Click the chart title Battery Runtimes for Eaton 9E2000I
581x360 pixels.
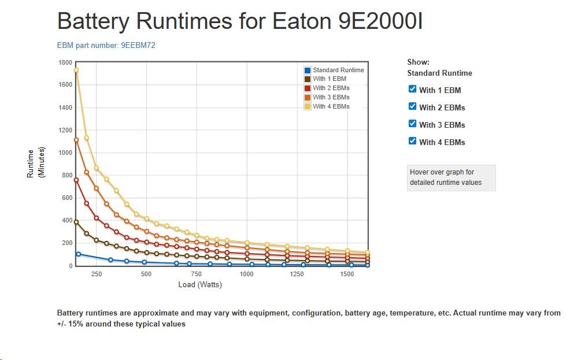click(x=240, y=22)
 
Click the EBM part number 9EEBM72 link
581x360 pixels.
click(x=106, y=45)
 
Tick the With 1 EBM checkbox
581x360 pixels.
click(x=412, y=89)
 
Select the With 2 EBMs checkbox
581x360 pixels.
click(x=412, y=106)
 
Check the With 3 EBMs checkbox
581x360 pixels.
click(x=412, y=124)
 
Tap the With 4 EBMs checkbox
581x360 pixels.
click(x=412, y=141)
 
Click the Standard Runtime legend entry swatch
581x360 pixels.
click(x=308, y=70)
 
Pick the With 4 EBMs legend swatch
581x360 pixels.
click(x=308, y=106)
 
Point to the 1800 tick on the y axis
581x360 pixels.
click(x=65, y=62)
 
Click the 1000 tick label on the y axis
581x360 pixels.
click(x=65, y=153)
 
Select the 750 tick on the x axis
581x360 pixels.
click(x=197, y=274)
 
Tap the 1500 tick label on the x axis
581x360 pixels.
click(x=347, y=274)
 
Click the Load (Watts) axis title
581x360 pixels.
click(x=200, y=285)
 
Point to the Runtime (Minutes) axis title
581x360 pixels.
click(x=36, y=164)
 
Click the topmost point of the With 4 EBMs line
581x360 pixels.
click(x=76, y=70)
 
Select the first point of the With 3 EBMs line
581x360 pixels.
click(x=76, y=140)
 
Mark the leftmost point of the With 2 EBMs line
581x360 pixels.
click(x=76, y=180)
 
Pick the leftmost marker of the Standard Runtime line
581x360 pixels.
click(x=79, y=254)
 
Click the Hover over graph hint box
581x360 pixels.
click(x=451, y=177)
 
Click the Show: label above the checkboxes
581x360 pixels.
click(x=418, y=62)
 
